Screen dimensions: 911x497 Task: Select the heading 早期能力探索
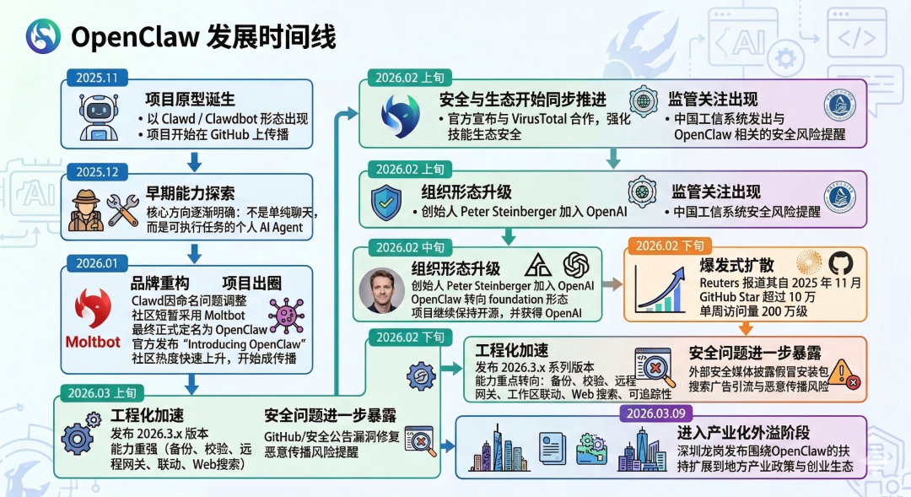tap(190, 192)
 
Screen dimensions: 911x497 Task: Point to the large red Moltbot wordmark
tap(93, 341)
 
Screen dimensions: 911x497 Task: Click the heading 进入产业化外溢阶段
tap(742, 432)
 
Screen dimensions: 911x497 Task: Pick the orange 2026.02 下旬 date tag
tap(670, 246)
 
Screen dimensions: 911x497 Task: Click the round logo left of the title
tap(43, 36)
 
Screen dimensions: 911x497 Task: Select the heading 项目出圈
tap(254, 283)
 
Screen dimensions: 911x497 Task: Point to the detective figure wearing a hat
tap(85, 209)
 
